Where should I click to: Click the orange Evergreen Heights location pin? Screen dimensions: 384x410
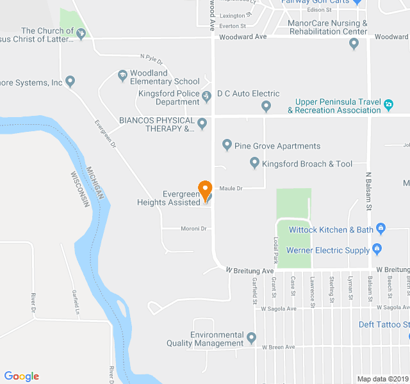205,190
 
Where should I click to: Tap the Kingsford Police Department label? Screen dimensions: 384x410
169,97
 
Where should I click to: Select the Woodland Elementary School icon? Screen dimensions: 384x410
122,77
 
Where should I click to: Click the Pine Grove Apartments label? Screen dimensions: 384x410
277,146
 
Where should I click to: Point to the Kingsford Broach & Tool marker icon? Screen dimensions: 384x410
254,164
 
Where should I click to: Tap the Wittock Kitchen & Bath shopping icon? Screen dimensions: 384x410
381,228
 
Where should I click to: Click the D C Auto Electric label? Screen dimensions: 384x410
248,93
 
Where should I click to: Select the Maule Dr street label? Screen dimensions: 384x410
231,188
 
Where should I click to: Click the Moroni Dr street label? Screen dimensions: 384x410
193,228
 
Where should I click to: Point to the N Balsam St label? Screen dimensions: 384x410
369,190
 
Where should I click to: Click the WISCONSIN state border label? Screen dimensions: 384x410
79,189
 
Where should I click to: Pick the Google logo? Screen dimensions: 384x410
21,376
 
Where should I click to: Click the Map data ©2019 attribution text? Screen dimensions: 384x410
382,379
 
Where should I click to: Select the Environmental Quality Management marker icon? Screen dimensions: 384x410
251,337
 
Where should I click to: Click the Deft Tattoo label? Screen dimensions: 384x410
382,324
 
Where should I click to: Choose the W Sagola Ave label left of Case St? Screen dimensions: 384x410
279,308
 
